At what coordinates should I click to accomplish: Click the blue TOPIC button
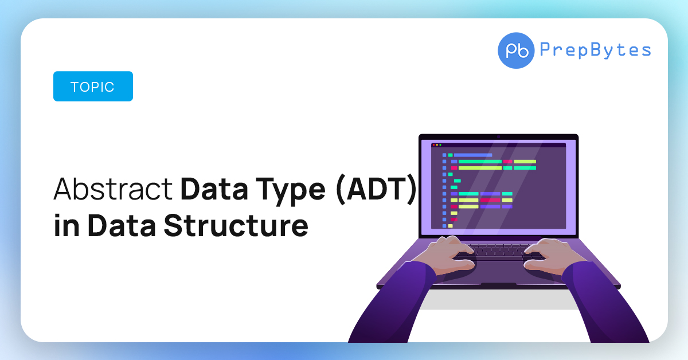(x=93, y=87)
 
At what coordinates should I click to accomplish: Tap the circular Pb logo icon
(x=516, y=50)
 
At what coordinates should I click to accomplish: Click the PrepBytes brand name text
(x=596, y=50)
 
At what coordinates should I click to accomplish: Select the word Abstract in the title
(x=113, y=189)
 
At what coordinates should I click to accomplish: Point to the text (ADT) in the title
(x=376, y=190)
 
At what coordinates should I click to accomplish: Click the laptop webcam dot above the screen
(x=498, y=136)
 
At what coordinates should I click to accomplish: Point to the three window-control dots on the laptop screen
(x=436, y=145)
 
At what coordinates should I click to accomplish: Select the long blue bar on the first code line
(x=473, y=155)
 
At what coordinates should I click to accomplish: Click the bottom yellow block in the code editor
(x=450, y=226)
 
